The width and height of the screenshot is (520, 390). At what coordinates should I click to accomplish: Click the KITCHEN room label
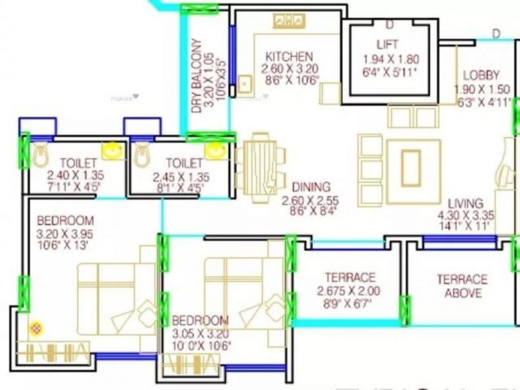[x=289, y=57]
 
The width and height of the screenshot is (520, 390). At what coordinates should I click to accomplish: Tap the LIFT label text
[x=387, y=44]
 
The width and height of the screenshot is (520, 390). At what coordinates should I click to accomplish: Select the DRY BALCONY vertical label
[x=197, y=76]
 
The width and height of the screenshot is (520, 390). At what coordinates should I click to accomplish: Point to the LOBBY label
[x=481, y=75]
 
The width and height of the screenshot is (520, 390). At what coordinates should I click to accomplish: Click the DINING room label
[x=311, y=187]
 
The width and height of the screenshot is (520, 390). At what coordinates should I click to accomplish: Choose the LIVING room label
[x=465, y=203]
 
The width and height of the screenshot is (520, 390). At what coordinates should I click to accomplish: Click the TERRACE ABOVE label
[x=462, y=286]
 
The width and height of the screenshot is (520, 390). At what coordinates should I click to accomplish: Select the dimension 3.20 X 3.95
[x=65, y=234]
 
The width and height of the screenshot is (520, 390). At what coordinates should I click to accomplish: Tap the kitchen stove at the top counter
[x=289, y=21]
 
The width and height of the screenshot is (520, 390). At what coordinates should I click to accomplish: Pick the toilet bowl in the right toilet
[x=142, y=156]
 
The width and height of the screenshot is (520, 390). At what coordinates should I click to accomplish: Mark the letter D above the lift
[x=390, y=25]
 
